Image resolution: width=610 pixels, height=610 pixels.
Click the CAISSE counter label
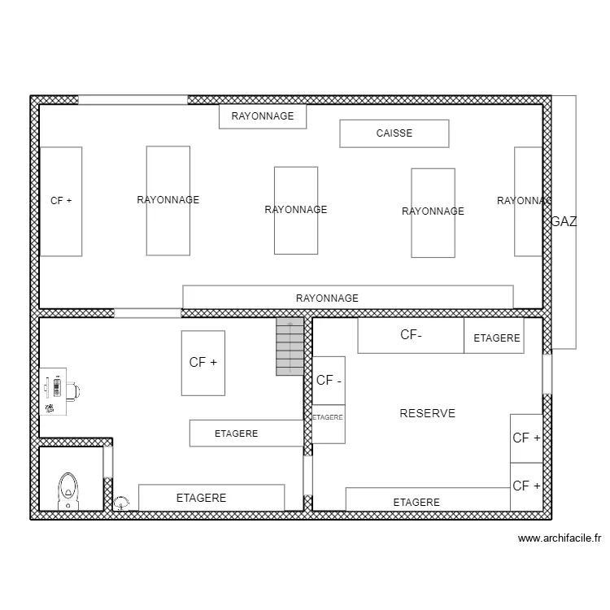pos(394,133)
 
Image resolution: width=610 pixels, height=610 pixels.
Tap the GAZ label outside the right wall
pos(564,221)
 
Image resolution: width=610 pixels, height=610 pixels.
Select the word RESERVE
pos(427,413)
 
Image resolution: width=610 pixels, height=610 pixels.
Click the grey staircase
pos(290,346)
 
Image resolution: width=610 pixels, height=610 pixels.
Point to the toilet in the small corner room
pos(68,490)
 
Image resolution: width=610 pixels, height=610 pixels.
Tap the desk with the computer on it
pos(54,391)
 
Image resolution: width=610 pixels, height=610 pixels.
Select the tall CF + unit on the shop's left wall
pos(61,201)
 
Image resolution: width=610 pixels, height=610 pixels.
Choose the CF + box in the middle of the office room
pos(203,363)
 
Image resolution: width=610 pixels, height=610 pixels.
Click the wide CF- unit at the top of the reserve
pos(411,335)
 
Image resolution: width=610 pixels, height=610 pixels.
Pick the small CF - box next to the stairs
pos(329,380)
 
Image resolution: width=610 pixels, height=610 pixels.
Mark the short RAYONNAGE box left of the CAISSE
pos(262,116)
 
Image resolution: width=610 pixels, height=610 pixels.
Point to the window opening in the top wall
pos(133,100)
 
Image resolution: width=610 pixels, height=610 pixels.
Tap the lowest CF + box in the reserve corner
pos(526,486)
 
